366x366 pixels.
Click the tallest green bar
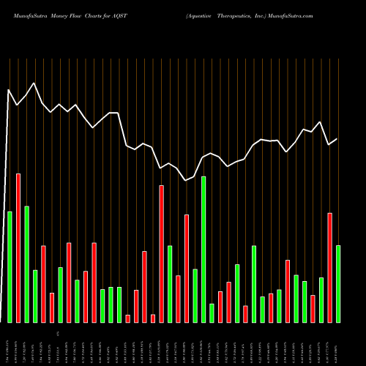(x=203, y=249)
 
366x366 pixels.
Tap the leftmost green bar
(x=10, y=266)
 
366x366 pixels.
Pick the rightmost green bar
(x=337, y=283)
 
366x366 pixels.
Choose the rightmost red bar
(x=329, y=267)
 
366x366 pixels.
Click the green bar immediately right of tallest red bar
(x=26, y=264)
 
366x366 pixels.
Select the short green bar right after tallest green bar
(x=212, y=313)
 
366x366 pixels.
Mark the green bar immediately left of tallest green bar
(x=195, y=295)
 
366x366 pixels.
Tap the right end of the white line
(x=337, y=139)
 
